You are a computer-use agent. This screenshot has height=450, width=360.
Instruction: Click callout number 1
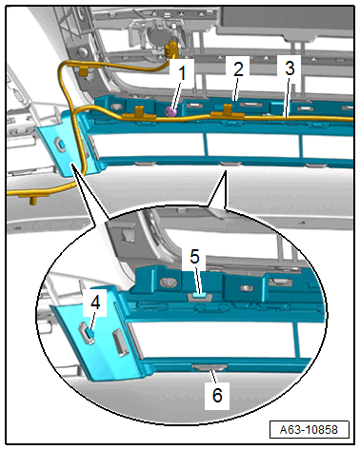[x=182, y=73]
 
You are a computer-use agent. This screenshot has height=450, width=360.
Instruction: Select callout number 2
[x=238, y=68]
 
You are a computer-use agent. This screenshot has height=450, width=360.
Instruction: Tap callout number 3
[x=290, y=68]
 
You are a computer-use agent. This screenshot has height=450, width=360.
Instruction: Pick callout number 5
[x=194, y=256]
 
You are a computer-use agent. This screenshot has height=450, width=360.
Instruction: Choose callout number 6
[x=217, y=395]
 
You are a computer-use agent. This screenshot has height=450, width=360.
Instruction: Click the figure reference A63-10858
[x=309, y=430]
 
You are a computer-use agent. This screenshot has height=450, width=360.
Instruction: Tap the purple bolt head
[x=171, y=111]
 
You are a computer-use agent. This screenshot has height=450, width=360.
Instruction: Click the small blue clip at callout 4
[x=90, y=333]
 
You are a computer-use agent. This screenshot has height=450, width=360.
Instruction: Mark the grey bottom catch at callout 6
[x=210, y=367]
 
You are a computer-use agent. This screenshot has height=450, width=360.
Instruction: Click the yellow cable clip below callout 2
[x=228, y=111]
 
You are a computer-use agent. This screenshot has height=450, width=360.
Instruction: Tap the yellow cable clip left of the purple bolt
[x=139, y=112]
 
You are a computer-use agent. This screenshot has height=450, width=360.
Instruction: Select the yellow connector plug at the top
[x=170, y=49]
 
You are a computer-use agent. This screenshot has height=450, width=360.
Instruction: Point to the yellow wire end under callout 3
[x=350, y=119]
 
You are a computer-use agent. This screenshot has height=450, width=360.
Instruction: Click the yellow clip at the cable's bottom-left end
[x=32, y=199]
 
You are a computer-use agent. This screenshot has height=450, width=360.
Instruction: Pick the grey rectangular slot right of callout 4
[x=120, y=343]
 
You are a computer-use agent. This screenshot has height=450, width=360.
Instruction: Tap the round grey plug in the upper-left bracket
[x=83, y=52]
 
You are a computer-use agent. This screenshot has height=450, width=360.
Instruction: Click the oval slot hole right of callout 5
[x=246, y=288]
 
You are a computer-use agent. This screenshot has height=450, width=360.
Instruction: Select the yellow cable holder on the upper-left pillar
[x=84, y=71]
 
